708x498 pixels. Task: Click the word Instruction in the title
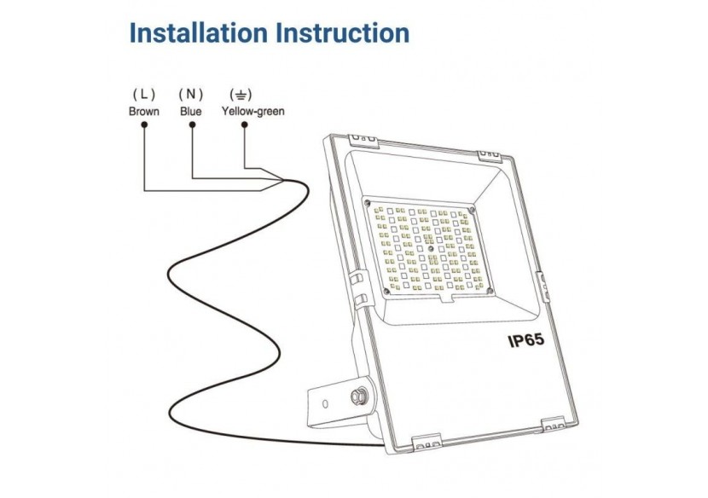(341, 33)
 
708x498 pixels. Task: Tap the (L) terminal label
(143, 92)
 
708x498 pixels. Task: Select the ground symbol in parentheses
(244, 92)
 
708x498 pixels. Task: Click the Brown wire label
(143, 111)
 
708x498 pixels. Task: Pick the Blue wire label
(191, 111)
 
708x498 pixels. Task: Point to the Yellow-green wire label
(252, 111)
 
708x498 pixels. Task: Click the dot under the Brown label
(144, 124)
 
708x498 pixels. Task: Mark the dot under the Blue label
(192, 124)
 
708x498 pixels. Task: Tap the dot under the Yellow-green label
(245, 124)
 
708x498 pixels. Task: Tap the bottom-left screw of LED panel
(387, 292)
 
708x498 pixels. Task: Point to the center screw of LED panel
(431, 250)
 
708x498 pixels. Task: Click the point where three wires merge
(284, 181)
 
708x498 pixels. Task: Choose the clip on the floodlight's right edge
(540, 281)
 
